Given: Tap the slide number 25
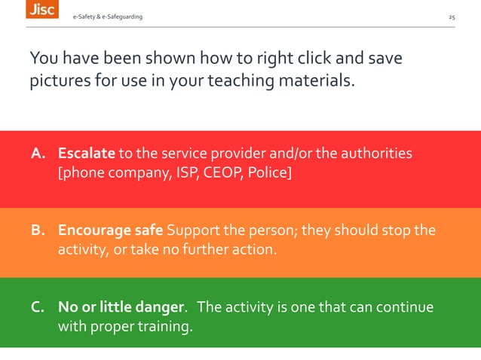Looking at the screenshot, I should coord(452,17).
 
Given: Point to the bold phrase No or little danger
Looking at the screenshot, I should coord(121,308).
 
